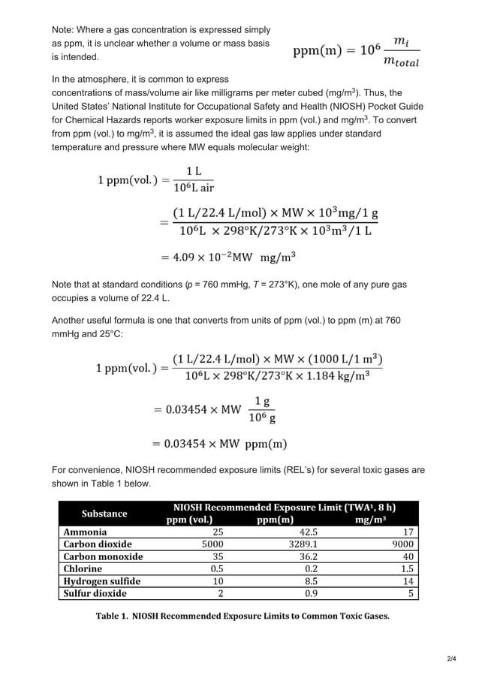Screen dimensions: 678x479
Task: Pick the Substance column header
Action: (104, 513)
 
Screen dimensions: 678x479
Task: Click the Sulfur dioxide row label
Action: (95, 592)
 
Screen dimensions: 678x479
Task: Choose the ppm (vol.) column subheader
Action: (189, 519)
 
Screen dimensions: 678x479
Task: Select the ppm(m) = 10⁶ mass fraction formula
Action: (356, 52)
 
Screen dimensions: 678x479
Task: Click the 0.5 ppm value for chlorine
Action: (215, 568)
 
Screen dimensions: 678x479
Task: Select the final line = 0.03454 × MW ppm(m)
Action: (219, 444)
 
